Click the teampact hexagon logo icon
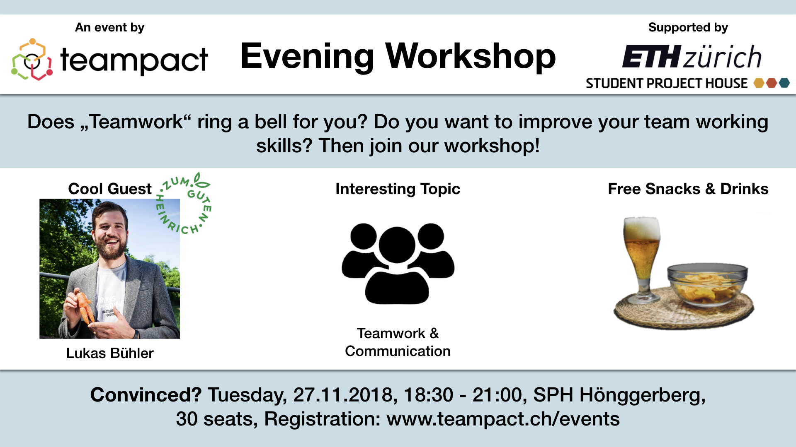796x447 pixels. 32,59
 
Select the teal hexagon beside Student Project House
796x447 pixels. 784,83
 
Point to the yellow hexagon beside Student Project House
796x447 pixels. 759,83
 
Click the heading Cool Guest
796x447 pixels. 110,189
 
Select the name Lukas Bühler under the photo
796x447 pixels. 110,353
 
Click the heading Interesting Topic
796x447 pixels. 398,189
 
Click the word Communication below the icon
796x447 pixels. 398,351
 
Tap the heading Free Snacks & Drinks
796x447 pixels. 688,189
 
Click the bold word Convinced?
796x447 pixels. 146,394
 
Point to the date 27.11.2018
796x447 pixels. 343,394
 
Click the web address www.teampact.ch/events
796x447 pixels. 503,419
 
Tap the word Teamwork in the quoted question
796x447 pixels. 136,122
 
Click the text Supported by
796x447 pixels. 688,27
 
